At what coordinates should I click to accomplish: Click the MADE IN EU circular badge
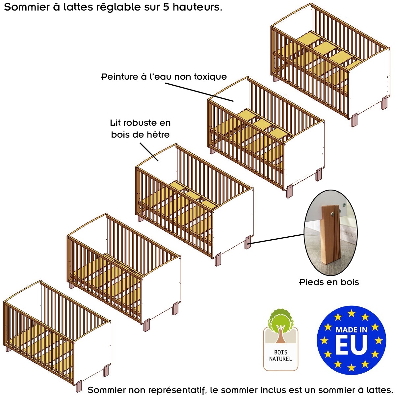[351, 340]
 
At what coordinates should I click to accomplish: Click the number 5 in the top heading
[167, 7]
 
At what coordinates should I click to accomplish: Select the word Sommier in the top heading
[27, 7]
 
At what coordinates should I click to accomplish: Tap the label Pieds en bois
[329, 282]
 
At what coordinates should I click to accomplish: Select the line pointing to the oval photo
[277, 239]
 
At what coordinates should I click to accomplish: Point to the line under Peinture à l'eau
[199, 92]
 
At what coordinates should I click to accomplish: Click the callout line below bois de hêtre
[149, 152]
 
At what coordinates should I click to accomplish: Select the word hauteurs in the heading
[197, 7]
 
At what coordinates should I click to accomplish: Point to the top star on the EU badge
[352, 313]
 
